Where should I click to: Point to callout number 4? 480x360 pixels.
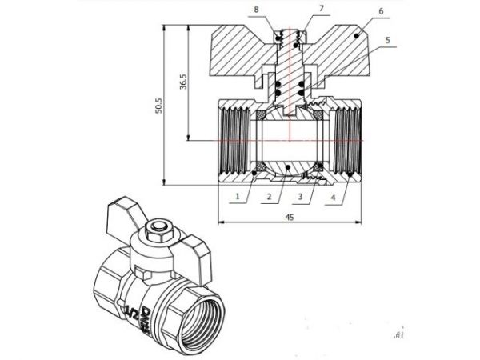pyautogui.click(x=332, y=194)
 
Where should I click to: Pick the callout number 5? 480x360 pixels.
pyautogui.click(x=386, y=39)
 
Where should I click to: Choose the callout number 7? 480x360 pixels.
pyautogui.click(x=298, y=8)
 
